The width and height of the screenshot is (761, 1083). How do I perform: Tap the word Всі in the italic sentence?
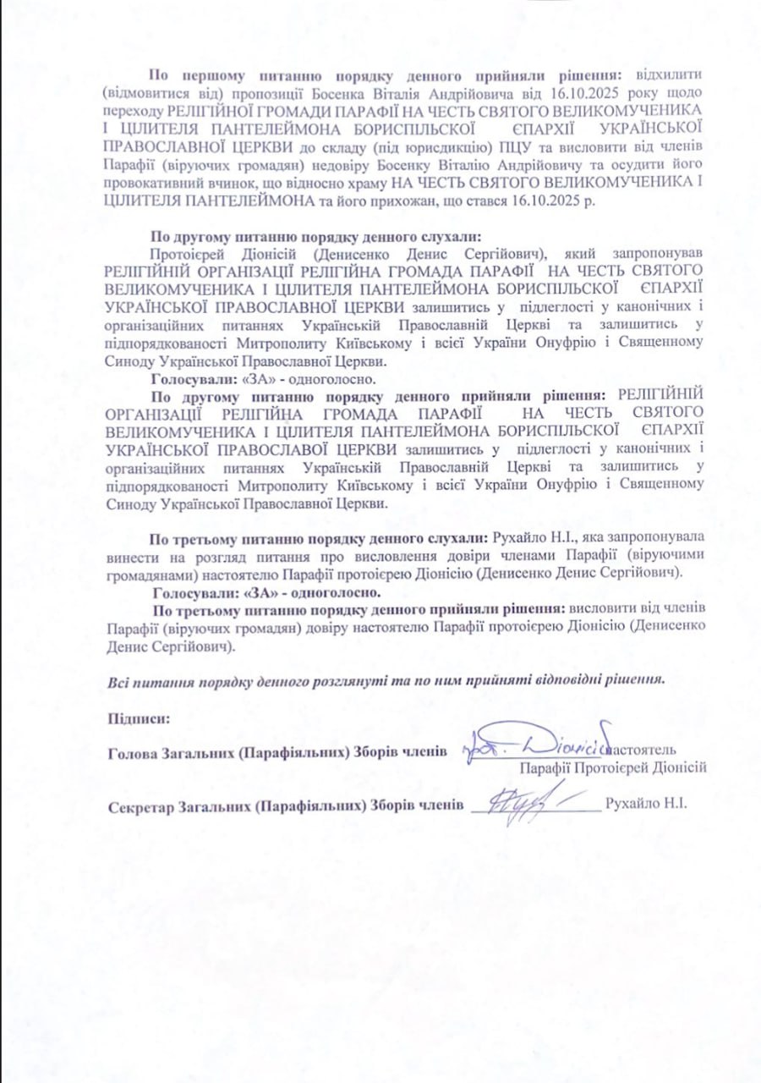(119, 680)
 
